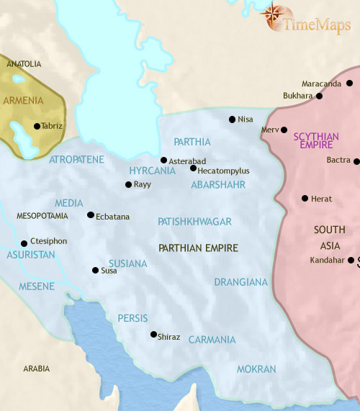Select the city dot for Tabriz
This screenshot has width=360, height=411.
pos(37,126)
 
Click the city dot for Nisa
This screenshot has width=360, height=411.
pos(232,119)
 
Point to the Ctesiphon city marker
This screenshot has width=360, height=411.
pos(24,243)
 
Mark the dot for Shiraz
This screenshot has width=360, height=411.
pos(153,334)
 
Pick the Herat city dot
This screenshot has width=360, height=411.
pos(305,198)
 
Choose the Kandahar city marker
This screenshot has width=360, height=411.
pos(351,260)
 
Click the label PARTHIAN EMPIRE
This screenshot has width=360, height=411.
pos(198,248)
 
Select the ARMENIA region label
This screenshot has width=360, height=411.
pos(23,100)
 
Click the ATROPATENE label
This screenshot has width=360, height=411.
pos(77,159)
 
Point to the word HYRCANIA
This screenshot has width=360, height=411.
pos(152,171)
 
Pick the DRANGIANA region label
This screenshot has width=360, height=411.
pos(240,282)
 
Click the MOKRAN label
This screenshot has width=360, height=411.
pos(256,369)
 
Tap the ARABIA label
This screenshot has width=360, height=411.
pos(36,369)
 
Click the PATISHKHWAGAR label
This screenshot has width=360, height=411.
pos(194,222)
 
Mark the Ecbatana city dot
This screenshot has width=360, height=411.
pos(90,214)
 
